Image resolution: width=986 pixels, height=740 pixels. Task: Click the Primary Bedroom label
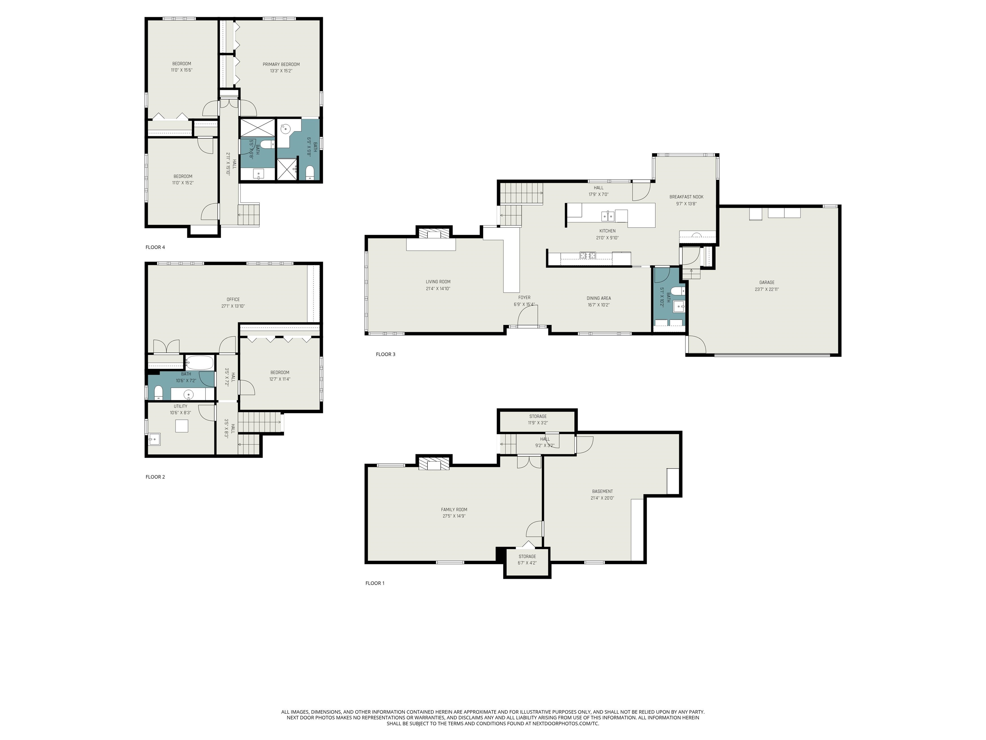pyautogui.click(x=281, y=64)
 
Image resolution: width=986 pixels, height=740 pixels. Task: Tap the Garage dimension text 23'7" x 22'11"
pyautogui.click(x=767, y=289)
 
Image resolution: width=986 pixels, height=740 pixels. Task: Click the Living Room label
pyautogui.click(x=438, y=281)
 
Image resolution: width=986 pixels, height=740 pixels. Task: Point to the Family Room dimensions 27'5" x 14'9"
pyautogui.click(x=454, y=516)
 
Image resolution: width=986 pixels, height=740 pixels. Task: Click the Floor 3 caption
pyautogui.click(x=385, y=355)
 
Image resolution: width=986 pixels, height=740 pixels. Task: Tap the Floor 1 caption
pyautogui.click(x=375, y=583)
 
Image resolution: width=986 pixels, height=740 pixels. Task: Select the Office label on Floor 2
pyautogui.click(x=233, y=299)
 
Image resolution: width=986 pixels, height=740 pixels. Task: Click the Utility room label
pyautogui.click(x=180, y=406)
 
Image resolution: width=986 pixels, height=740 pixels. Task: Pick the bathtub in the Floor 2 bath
pyautogui.click(x=200, y=363)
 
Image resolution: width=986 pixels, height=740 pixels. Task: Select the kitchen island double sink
pyautogui.click(x=608, y=216)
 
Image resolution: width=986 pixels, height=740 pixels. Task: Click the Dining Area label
pyautogui.click(x=599, y=298)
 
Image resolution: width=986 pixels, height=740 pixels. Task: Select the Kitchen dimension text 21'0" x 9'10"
pyautogui.click(x=607, y=238)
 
